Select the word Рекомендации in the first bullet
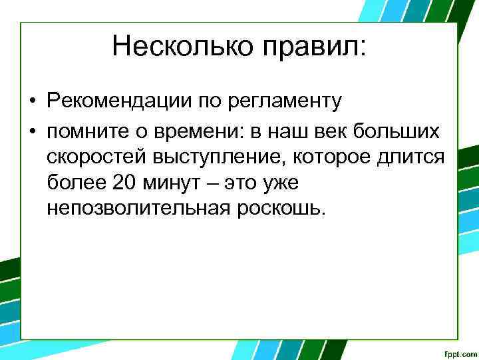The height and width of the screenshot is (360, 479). (x=118, y=101)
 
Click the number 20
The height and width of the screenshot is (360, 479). (x=126, y=183)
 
